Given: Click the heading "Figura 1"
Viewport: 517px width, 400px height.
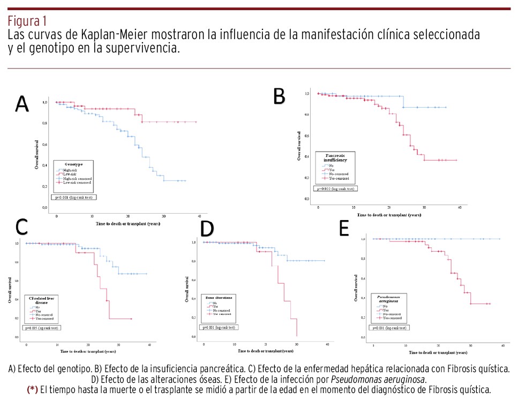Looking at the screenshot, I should tap(27, 21).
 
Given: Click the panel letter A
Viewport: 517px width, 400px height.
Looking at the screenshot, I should tap(22, 104).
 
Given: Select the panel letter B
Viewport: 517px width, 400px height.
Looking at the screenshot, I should tap(279, 96).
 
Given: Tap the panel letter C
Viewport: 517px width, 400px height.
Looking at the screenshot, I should tap(21, 228).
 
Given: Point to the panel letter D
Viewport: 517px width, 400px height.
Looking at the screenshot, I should tap(207, 228).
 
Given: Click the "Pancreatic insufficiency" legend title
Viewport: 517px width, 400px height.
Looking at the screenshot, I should tap(336, 157).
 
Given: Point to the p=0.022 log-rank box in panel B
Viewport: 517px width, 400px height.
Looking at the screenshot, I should tap(335, 189).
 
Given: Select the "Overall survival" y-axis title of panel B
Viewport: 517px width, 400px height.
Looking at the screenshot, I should tap(299, 146).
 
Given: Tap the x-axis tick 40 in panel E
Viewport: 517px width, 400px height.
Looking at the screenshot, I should tap(503, 346).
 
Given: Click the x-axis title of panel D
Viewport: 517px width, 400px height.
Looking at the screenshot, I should tap(266, 351).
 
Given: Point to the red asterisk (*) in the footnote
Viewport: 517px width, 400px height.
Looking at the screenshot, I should tap(32, 389).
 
